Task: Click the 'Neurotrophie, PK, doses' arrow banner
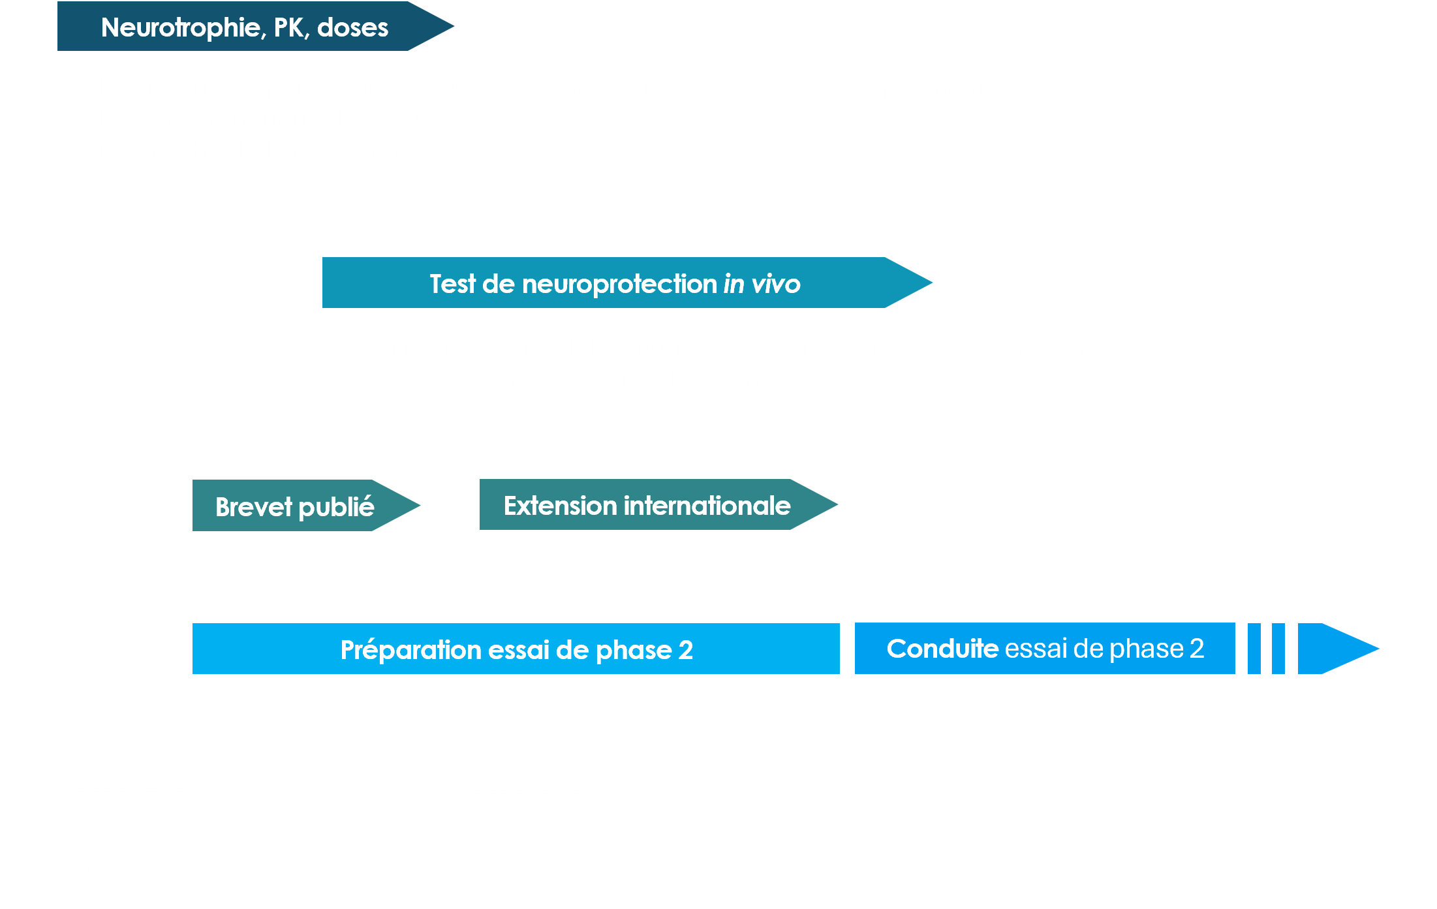(245, 27)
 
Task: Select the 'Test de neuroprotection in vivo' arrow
(614, 283)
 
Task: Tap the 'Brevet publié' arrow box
(294, 506)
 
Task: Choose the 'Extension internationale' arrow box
(647, 506)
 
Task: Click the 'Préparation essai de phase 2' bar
(516, 649)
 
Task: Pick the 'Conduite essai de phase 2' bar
(1045, 649)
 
